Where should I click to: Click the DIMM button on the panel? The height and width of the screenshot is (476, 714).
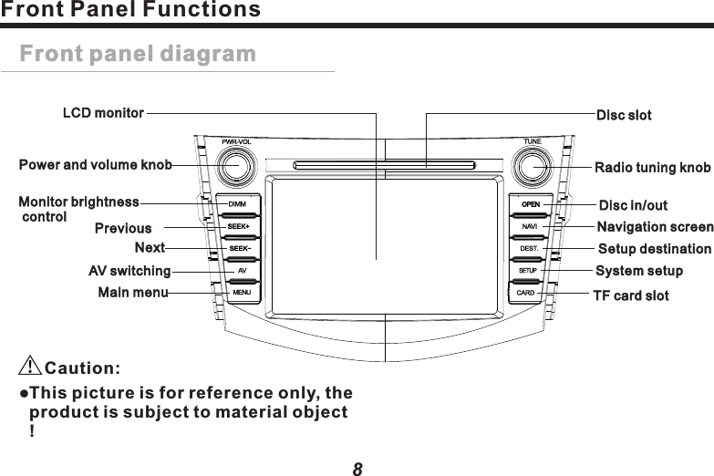tap(237, 203)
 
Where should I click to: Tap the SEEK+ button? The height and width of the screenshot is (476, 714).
tap(238, 226)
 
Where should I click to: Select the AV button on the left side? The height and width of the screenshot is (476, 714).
tap(241, 271)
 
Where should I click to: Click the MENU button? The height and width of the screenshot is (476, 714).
tap(241, 293)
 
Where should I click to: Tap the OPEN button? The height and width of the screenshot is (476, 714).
tap(531, 203)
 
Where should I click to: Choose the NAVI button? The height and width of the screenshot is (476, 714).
tap(530, 225)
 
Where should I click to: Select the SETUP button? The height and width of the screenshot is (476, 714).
tap(528, 271)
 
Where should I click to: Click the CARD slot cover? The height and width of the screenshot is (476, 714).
tap(525, 293)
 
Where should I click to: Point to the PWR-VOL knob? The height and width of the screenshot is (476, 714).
tap(235, 168)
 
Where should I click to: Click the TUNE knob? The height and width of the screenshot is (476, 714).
tap(532, 168)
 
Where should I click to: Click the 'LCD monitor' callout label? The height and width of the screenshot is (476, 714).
tap(103, 114)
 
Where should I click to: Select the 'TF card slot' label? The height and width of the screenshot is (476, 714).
tap(631, 295)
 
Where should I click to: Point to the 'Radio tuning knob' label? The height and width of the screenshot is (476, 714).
tap(652, 168)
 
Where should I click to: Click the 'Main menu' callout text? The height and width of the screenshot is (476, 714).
tap(133, 293)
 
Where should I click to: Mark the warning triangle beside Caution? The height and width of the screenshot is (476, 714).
tap(30, 367)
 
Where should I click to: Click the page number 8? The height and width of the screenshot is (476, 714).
tap(357, 468)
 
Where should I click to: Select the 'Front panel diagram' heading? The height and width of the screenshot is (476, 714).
tap(138, 54)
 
